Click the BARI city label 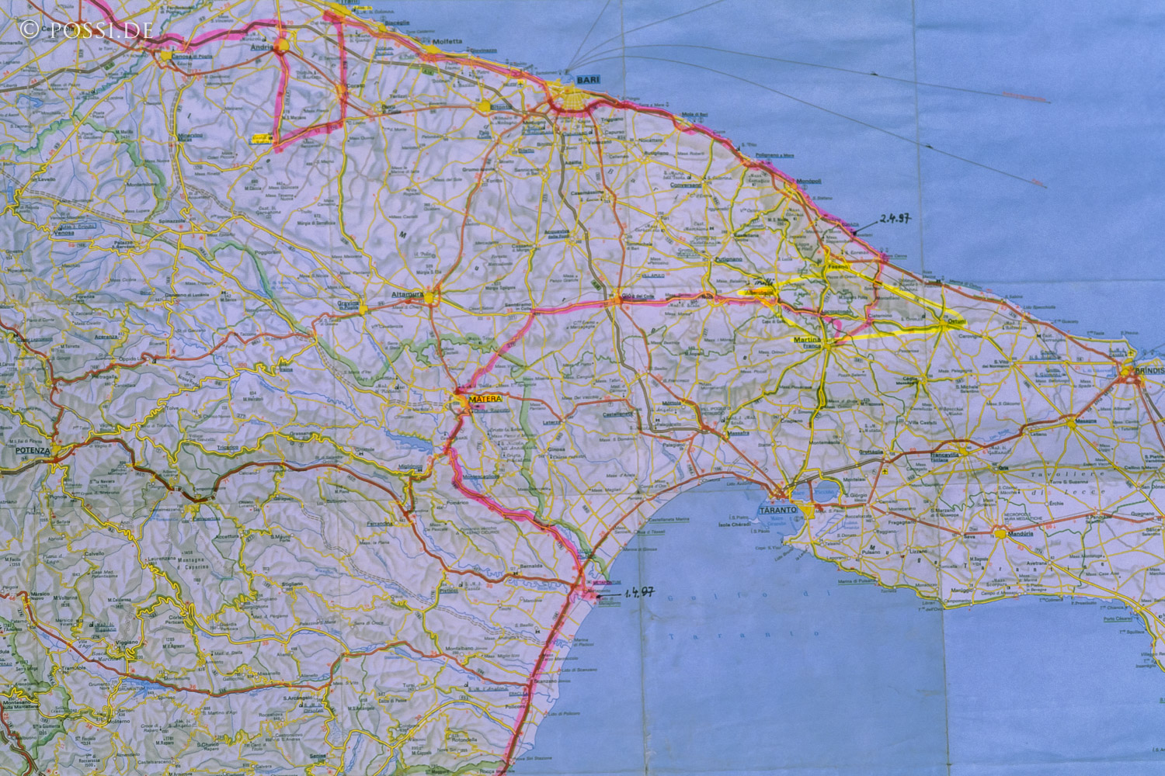pyautogui.click(x=584, y=80)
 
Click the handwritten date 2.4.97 pyautogui.click(x=895, y=218)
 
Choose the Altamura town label pyautogui.click(x=408, y=295)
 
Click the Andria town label pyautogui.click(x=259, y=46)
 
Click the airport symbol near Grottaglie pyautogui.click(x=885, y=471)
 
